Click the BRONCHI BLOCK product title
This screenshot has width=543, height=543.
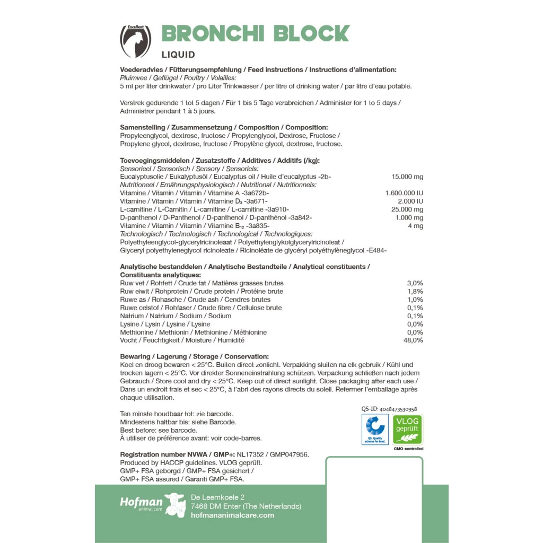tap(255, 33)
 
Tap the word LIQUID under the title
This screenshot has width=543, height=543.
tap(178, 55)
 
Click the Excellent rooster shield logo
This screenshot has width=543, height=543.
tap(135, 41)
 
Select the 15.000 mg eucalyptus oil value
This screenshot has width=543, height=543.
tap(407, 177)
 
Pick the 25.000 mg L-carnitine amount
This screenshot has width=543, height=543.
tap(407, 209)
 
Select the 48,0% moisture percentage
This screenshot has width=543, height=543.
tap(413, 340)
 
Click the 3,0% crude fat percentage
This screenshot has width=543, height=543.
tap(415, 283)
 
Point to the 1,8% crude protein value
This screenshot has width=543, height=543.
tap(415, 291)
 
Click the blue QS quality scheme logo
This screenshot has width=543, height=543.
tap(375, 429)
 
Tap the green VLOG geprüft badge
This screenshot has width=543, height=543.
tap(407, 429)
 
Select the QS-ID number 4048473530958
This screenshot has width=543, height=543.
tap(389, 409)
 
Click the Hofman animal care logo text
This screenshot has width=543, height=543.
tap(141, 503)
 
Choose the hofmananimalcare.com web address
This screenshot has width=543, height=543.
tap(232, 515)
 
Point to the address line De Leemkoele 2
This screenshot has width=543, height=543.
tap(217, 497)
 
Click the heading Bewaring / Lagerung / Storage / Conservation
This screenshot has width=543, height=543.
tap(195, 356)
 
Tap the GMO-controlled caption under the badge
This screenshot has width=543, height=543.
tap(408, 449)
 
